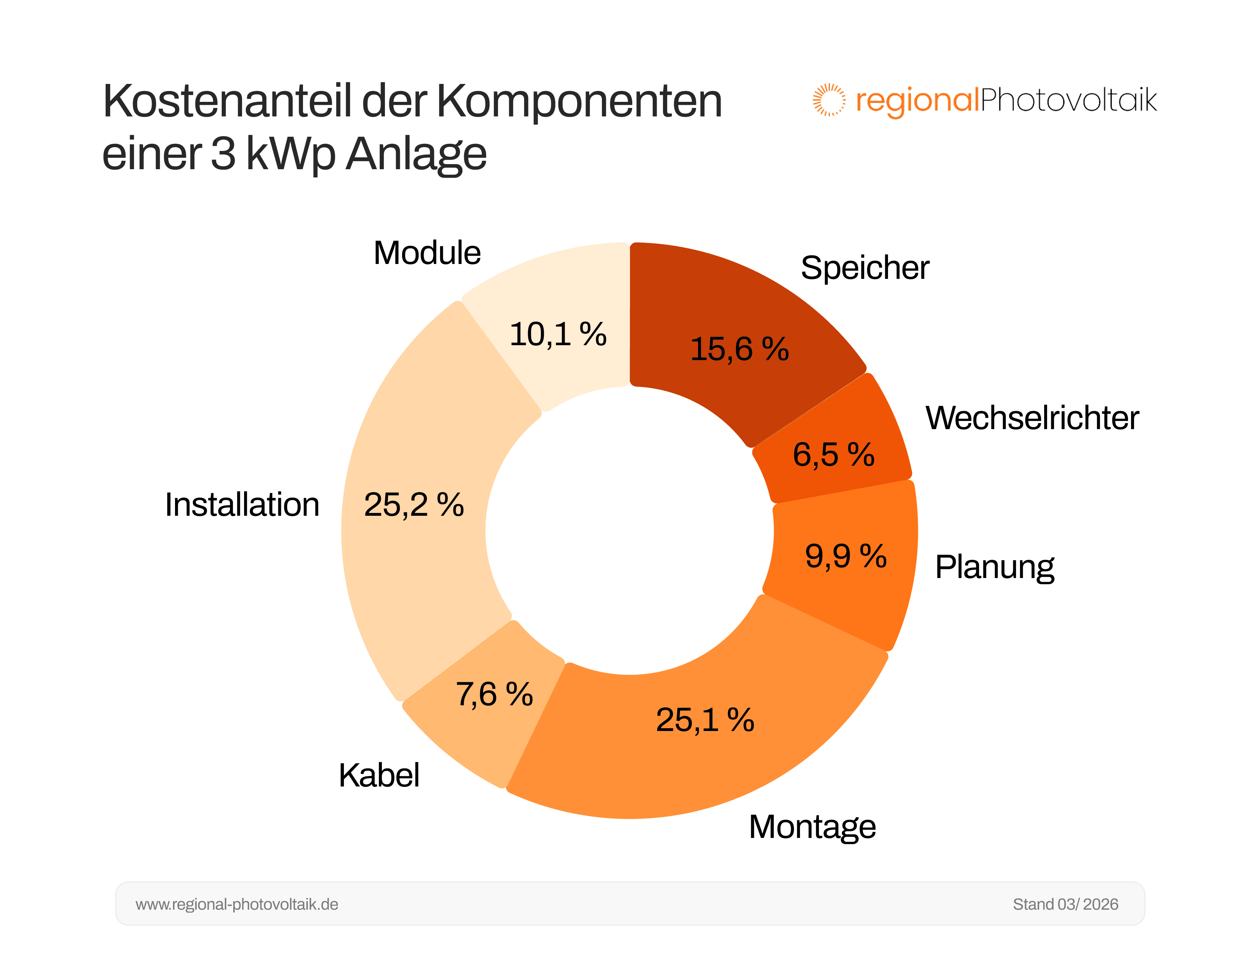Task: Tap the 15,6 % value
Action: [739, 349]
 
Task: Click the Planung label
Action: [994, 568]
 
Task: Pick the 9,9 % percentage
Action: [846, 556]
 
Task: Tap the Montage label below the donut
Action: [812, 827]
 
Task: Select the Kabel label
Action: [379, 776]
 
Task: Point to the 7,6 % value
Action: [494, 695]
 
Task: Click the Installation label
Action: [242, 505]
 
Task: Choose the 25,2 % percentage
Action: [414, 505]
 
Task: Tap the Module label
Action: [427, 253]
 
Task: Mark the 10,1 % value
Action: [558, 334]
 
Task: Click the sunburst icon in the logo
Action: [829, 100]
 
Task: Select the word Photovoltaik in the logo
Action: [1068, 100]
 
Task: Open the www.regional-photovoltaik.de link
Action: [237, 904]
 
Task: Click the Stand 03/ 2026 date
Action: [1065, 904]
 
